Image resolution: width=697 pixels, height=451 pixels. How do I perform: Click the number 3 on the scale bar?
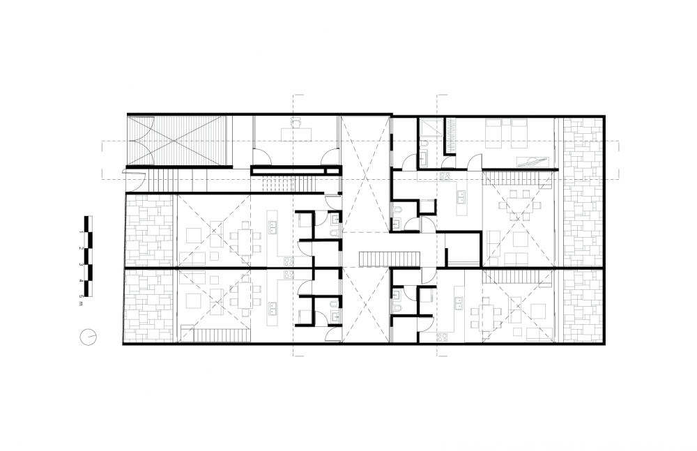click(x=81, y=264)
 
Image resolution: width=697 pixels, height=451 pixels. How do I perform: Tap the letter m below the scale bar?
click(x=81, y=304)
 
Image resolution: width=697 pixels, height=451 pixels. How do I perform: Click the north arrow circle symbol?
click(x=88, y=336)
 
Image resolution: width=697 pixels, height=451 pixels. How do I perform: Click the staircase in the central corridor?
click(x=390, y=259)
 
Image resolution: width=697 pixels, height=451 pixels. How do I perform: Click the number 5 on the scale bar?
click(x=81, y=296)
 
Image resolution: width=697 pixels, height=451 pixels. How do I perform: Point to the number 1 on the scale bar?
click(x=81, y=231)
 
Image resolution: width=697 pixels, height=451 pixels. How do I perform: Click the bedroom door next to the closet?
click(x=474, y=161)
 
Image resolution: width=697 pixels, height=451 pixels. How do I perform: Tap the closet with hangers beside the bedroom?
click(x=450, y=135)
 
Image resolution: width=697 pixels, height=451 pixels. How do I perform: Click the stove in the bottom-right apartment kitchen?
click(x=442, y=337)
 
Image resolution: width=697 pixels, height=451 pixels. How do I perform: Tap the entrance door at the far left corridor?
click(x=136, y=180)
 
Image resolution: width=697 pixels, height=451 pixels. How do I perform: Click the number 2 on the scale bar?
click(x=81, y=247)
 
